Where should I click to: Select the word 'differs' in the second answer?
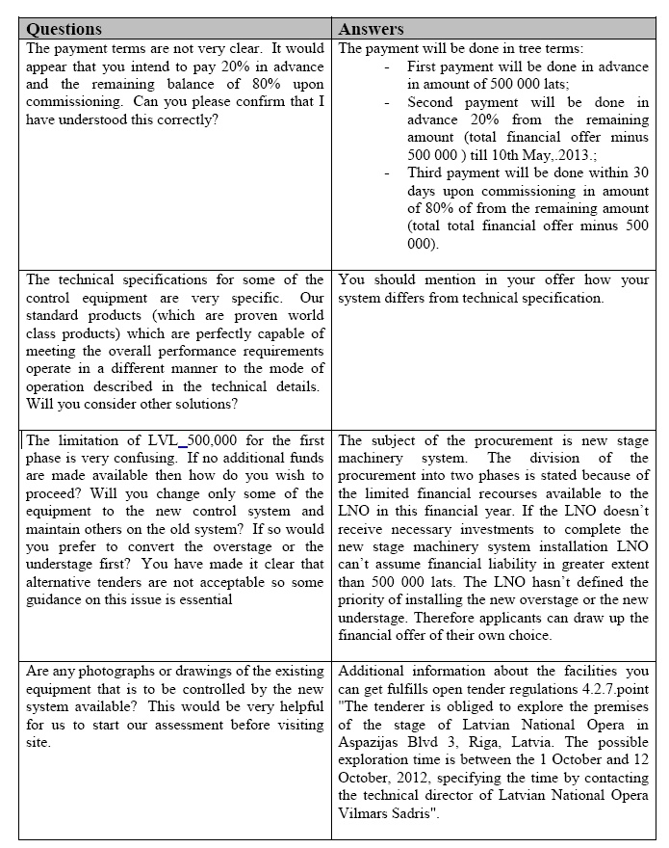[x=550, y=298]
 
